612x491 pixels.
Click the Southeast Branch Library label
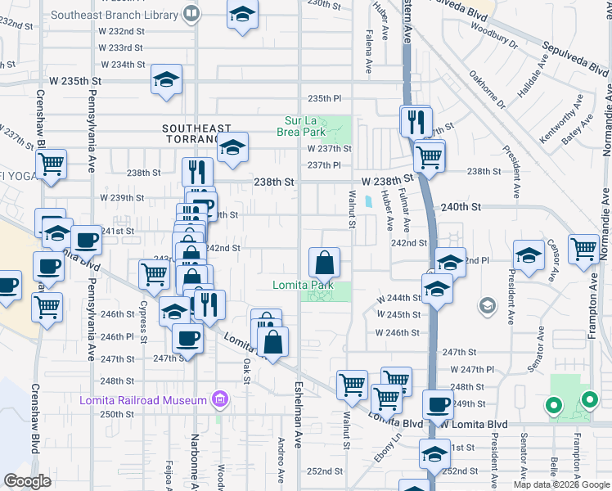(115, 15)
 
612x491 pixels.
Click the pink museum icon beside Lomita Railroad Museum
(218, 400)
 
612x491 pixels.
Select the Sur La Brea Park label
(305, 126)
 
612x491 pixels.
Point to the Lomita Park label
(303, 285)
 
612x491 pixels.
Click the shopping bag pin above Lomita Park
(325, 263)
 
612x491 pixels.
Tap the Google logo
(28, 481)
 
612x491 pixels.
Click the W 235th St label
(74, 81)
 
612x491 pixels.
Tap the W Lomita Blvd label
(475, 424)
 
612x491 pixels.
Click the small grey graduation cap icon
(488, 306)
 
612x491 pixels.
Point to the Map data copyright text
(560, 484)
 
